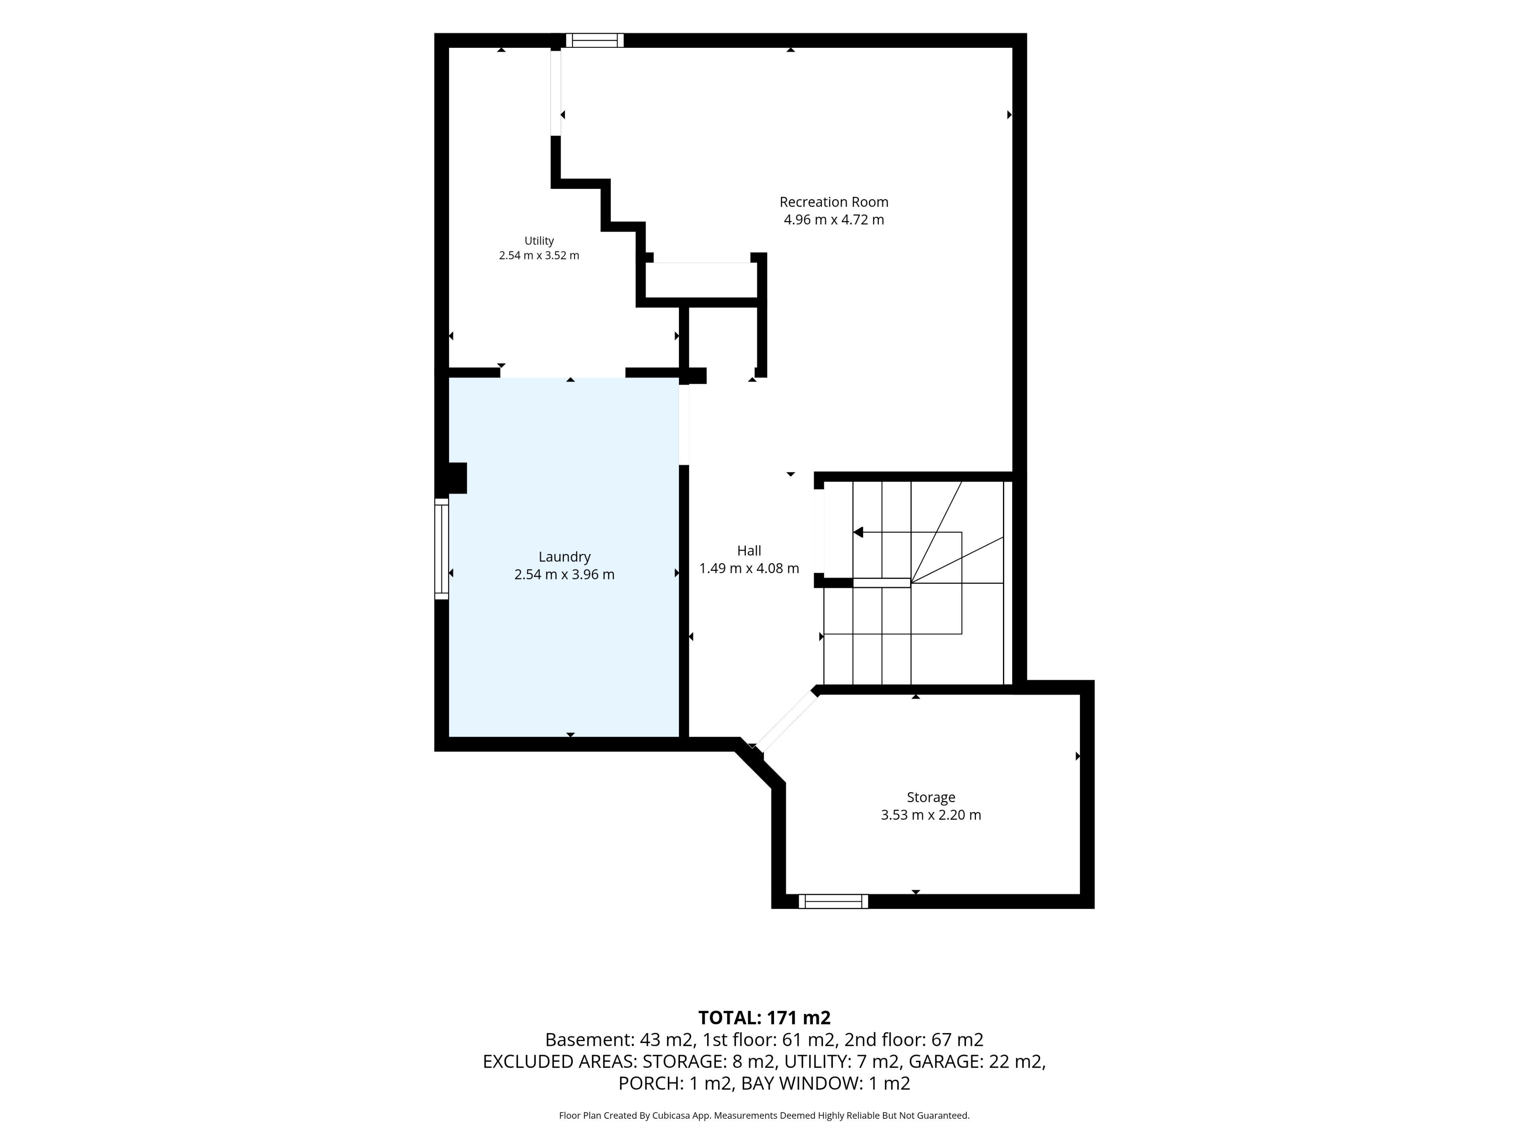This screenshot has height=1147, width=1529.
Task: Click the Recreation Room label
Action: (834, 202)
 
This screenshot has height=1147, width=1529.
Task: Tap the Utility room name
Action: (539, 241)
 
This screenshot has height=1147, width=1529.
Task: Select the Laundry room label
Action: (565, 556)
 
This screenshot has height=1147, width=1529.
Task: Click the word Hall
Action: (749, 550)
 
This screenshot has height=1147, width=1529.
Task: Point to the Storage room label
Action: (931, 797)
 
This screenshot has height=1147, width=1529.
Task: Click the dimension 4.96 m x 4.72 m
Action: (834, 220)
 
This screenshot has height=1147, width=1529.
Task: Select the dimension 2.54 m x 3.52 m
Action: (539, 255)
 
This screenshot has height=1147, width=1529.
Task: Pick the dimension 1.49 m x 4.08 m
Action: (749, 568)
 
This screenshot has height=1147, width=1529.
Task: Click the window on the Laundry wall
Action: (442, 548)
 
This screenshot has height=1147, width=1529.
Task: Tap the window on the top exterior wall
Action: (594, 40)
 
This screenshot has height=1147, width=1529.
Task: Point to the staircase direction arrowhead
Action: (858, 532)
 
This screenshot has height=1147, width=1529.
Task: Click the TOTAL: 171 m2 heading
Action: (764, 1018)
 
